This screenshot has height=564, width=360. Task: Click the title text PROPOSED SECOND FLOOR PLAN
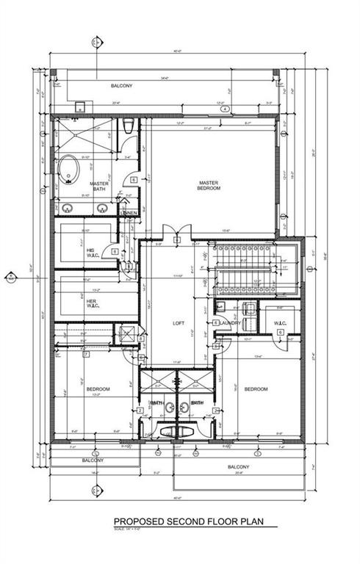click(185, 523)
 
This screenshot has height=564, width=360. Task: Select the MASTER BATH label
click(99, 187)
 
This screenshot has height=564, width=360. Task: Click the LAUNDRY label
click(231, 322)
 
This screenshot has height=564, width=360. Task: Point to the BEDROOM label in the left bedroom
click(98, 388)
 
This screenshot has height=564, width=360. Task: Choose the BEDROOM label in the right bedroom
click(256, 388)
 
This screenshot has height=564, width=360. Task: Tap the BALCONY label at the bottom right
click(239, 467)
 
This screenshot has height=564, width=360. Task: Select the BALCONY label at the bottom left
click(92, 460)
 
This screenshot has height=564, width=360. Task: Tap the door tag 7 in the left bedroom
click(86, 355)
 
